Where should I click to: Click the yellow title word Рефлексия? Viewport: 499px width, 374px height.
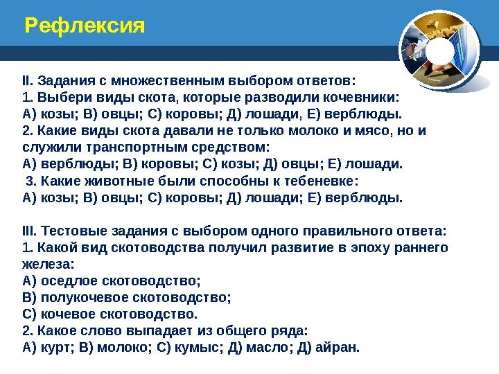pyautogui.click(x=85, y=26)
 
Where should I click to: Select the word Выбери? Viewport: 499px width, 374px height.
pyautogui.click(x=58, y=98)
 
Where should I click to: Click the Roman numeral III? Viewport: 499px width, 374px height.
pyautogui.click(x=30, y=230)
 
